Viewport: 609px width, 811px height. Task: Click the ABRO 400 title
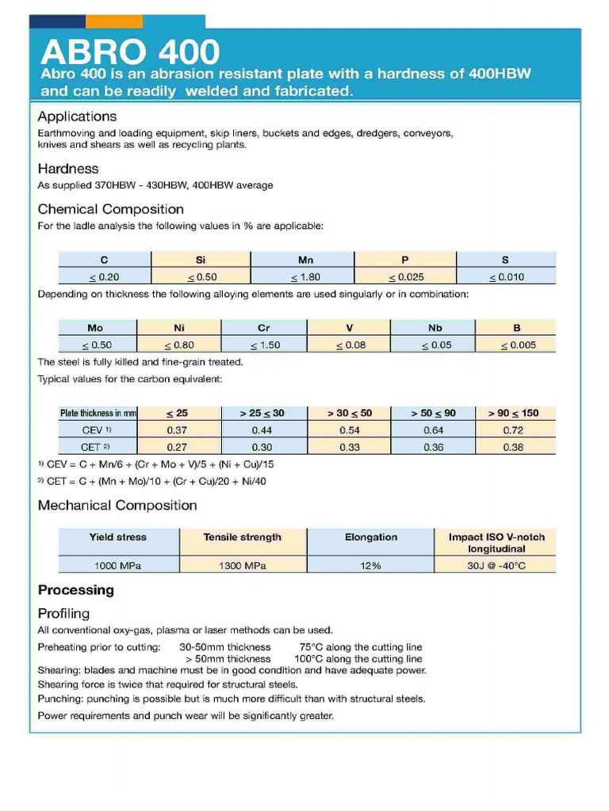click(130, 52)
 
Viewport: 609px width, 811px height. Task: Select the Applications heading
click(77, 116)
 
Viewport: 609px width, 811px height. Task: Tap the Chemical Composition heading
click(110, 209)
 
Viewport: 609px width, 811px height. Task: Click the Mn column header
click(305, 260)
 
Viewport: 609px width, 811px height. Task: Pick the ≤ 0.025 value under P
click(406, 277)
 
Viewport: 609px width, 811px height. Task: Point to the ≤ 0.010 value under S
click(507, 277)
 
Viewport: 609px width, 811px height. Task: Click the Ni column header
click(179, 327)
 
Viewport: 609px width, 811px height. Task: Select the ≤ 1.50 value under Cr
click(265, 345)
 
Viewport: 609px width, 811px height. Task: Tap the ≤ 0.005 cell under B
click(518, 345)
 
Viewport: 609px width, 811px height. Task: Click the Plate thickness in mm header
click(98, 413)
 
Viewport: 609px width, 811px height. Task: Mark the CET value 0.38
click(513, 447)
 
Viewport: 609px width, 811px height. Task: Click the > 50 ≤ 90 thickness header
click(433, 413)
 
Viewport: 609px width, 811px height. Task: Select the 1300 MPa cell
click(242, 565)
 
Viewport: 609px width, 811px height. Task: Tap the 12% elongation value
click(370, 565)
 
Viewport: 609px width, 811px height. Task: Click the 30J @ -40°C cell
click(496, 565)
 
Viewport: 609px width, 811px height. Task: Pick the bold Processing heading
click(76, 590)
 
